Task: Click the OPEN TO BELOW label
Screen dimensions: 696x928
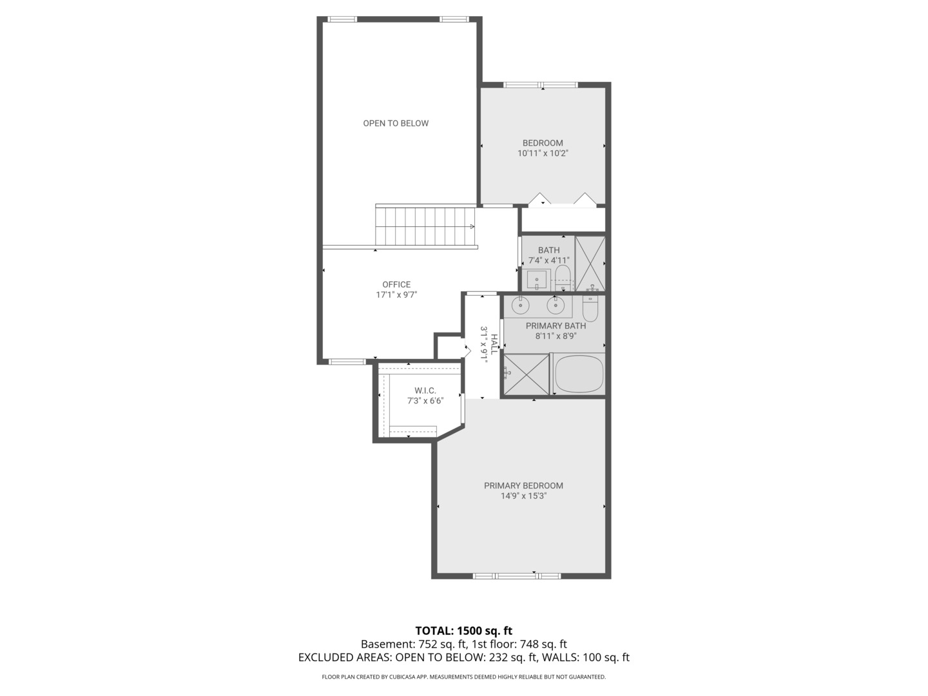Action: (396, 123)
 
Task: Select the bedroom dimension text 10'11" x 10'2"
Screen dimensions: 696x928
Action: (543, 153)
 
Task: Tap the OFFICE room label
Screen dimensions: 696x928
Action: (396, 284)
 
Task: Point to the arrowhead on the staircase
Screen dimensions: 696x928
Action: (472, 226)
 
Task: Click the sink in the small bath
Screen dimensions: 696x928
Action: (536, 280)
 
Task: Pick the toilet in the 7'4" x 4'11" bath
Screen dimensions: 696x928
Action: (563, 276)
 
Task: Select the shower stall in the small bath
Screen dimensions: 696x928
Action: (590, 264)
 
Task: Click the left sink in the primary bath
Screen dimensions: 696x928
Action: (520, 304)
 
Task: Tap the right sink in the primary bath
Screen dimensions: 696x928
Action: (556, 304)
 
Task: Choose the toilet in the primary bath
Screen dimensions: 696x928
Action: (591, 307)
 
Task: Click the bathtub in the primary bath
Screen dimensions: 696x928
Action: (579, 374)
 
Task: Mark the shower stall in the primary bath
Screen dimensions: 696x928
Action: (526, 374)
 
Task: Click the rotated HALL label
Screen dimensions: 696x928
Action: (494, 344)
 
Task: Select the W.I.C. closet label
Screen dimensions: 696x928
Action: (425, 391)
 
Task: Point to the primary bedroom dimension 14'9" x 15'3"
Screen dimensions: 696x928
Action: (523, 496)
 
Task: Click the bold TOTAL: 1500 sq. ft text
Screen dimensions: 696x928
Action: (463, 631)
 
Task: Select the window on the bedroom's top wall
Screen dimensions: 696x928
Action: (540, 84)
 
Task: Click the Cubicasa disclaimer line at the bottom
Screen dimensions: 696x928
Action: (463, 677)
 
